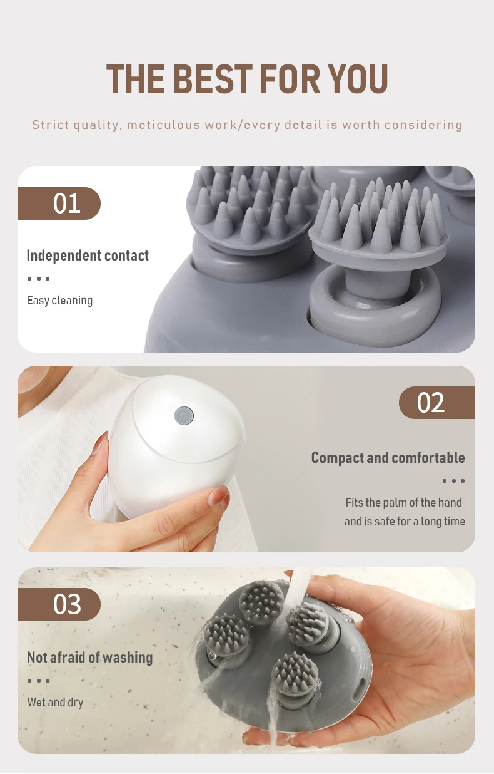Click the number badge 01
click(x=59, y=204)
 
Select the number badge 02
click(x=436, y=403)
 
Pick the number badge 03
click(x=59, y=604)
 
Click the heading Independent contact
click(x=88, y=255)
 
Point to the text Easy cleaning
click(x=59, y=301)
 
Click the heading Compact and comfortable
click(x=388, y=458)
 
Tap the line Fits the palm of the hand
click(x=403, y=502)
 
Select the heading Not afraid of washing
click(x=89, y=657)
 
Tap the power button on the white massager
click(x=184, y=415)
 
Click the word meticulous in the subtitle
click(x=163, y=125)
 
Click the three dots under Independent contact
click(x=38, y=279)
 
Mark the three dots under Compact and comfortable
click(x=453, y=481)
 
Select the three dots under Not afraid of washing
click(x=38, y=681)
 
